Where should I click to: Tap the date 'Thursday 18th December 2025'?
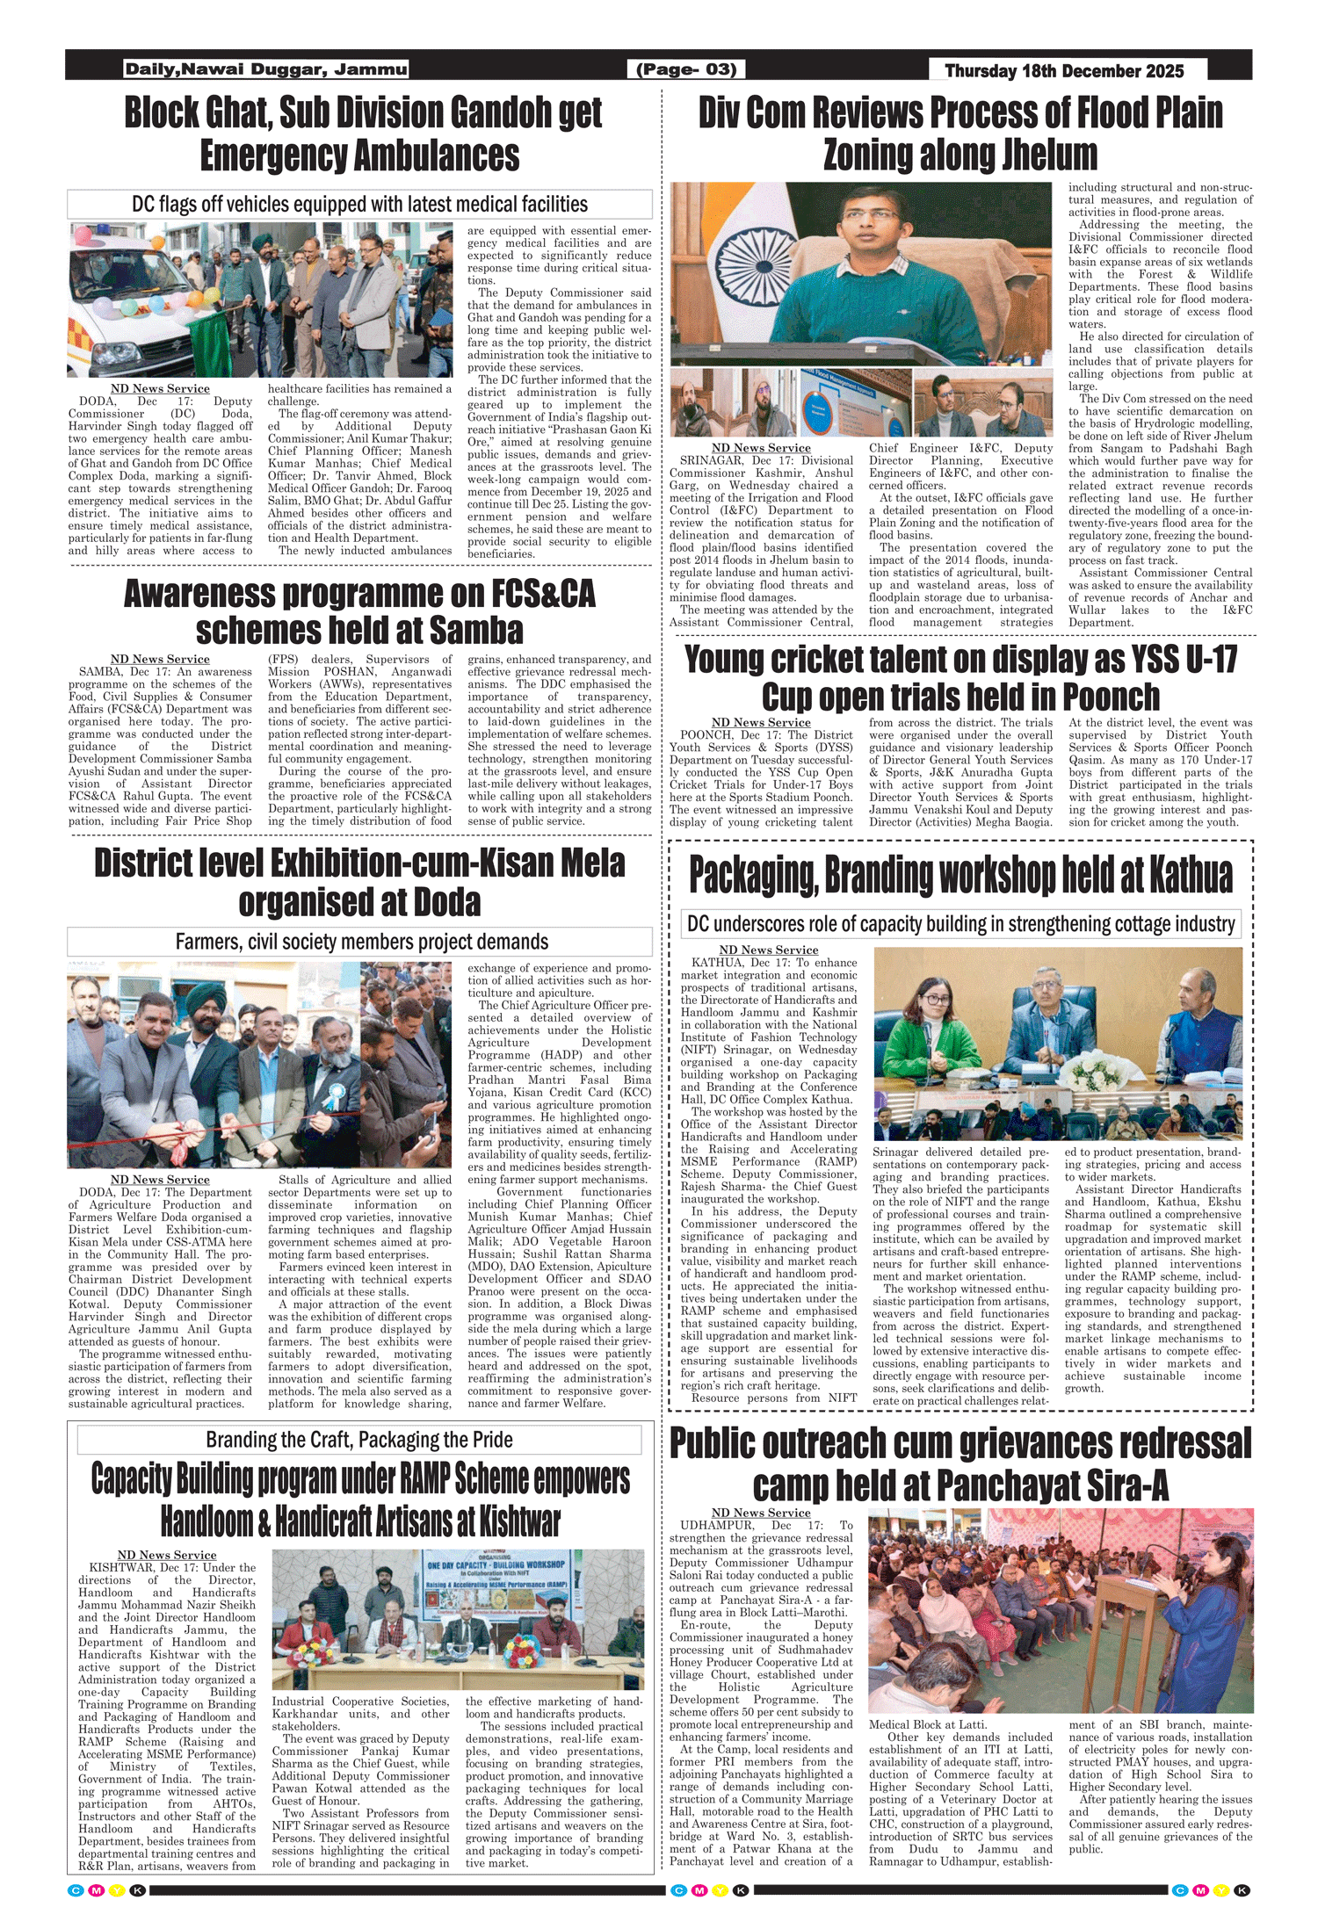coord(1064,71)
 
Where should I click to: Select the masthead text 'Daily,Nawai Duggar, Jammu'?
coord(266,69)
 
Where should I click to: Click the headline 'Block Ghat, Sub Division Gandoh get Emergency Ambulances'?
coord(361,134)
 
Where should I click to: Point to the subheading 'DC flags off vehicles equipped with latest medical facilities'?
coord(359,205)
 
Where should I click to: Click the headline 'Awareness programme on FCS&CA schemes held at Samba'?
coord(359,611)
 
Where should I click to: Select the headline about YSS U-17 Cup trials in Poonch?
coord(960,677)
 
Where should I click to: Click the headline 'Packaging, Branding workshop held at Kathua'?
coord(960,875)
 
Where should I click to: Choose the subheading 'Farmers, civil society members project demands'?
coord(361,942)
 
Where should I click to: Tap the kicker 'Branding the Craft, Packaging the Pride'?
coord(359,1440)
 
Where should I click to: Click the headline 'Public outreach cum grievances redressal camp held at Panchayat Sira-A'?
coord(960,1464)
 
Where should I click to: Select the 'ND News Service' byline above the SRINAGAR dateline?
coord(761,448)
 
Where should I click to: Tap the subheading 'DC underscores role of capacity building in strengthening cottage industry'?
coord(960,924)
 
